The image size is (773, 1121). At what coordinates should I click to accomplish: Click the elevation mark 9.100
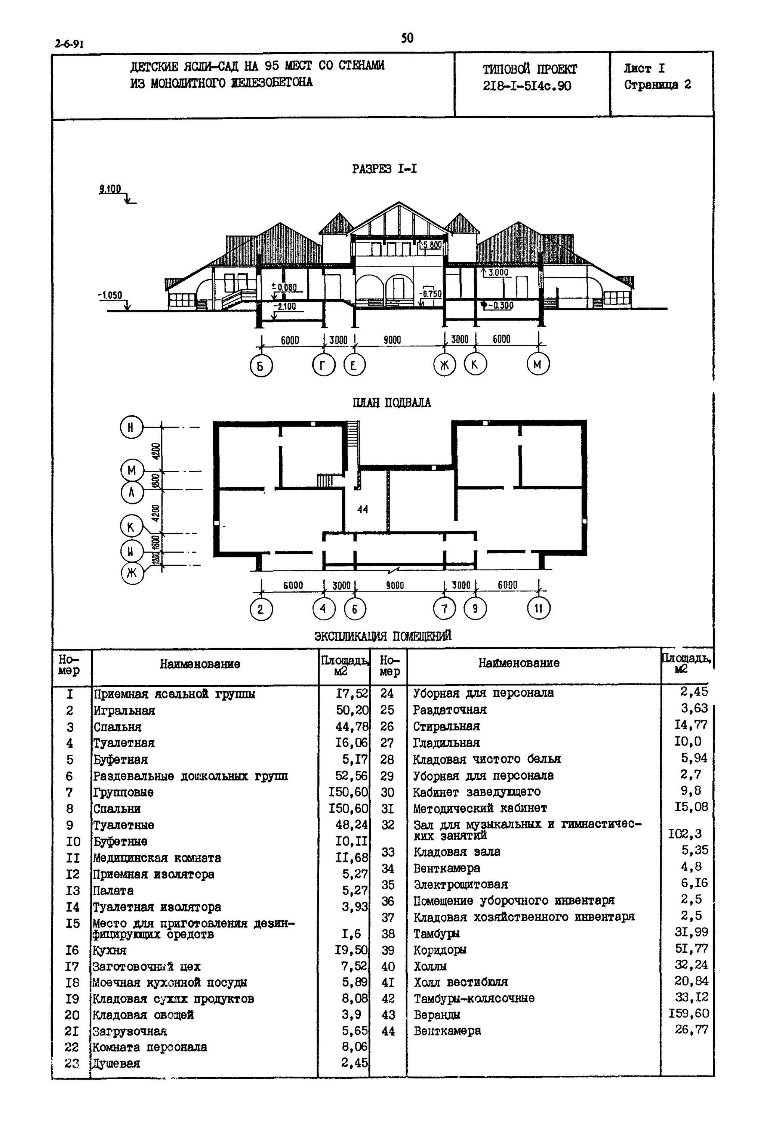click(x=110, y=189)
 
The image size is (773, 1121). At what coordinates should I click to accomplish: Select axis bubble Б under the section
click(x=261, y=366)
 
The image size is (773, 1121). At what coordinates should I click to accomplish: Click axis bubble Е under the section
click(x=354, y=365)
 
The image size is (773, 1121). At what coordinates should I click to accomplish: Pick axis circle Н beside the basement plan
click(x=131, y=427)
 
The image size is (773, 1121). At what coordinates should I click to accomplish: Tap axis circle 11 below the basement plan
click(x=538, y=608)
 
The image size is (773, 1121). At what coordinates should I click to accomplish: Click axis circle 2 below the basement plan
click(x=261, y=609)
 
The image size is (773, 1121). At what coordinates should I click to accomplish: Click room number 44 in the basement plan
click(x=362, y=509)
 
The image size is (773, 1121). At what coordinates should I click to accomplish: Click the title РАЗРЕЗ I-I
click(x=384, y=169)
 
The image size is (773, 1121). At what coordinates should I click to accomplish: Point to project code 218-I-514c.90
click(x=527, y=86)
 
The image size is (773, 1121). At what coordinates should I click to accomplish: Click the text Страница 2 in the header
click(x=657, y=85)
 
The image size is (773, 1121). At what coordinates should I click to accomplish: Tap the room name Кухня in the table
click(x=110, y=950)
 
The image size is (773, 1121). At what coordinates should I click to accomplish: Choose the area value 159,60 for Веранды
click(x=689, y=1013)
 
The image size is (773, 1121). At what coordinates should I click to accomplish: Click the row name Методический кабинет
click(x=480, y=808)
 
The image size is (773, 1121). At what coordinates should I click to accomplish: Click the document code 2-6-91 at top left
click(x=69, y=44)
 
